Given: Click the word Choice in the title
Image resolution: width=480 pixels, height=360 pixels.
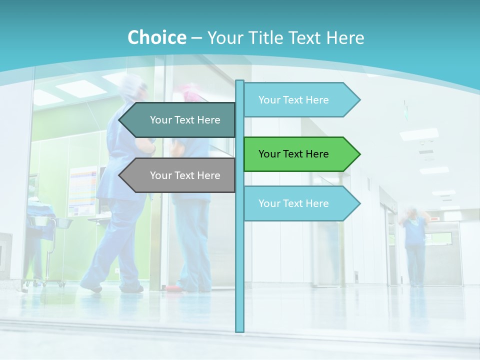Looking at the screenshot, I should [156, 37].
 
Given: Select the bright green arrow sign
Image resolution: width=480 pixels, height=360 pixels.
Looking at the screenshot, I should [300, 154].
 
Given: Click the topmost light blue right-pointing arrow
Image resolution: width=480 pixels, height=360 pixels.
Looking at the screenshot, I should [300, 99].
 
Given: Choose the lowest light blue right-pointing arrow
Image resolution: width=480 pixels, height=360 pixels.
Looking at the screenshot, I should [300, 203].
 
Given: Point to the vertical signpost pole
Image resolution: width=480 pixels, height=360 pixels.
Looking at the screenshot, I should [240, 260].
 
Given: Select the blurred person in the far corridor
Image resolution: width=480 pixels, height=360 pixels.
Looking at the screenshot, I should [414, 245].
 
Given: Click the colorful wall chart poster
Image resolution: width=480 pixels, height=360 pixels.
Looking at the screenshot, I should [83, 190].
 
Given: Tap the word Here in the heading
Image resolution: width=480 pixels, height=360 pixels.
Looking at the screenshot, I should [345, 37].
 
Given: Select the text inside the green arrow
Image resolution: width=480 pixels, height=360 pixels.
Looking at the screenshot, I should [293, 154].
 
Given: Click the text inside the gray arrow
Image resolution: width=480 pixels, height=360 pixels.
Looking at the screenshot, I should [185, 175].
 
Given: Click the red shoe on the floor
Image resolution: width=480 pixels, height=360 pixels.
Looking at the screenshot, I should [172, 288].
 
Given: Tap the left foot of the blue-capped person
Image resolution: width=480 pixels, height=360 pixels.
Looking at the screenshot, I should [91, 287].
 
